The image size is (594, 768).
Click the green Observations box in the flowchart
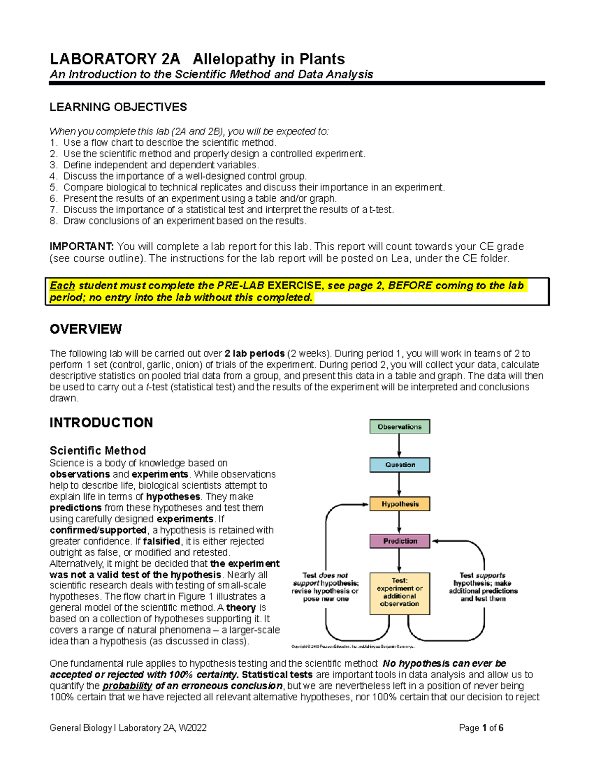tap(399, 426)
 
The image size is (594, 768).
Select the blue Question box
tap(399, 465)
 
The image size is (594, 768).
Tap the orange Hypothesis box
tap(399, 504)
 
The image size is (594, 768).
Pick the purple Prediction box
tap(399, 541)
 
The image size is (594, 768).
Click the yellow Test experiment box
tap(399, 592)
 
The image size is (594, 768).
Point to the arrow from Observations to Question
tap(399, 446)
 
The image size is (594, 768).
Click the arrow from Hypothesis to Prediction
tap(399, 523)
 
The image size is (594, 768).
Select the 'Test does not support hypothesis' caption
tap(325, 587)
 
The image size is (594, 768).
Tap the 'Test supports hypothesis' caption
tap(483, 587)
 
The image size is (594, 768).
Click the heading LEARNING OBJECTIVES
tap(118, 107)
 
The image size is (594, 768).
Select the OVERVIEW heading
tap(86, 329)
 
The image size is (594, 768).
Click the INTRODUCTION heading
tap(101, 423)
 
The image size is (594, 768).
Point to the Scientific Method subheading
tap(98, 451)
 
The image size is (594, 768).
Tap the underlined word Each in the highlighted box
tap(62, 286)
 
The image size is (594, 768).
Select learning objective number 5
tap(247, 187)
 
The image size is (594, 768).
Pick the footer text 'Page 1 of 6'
tap(481, 728)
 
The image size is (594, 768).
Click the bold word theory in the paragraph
tap(241, 608)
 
